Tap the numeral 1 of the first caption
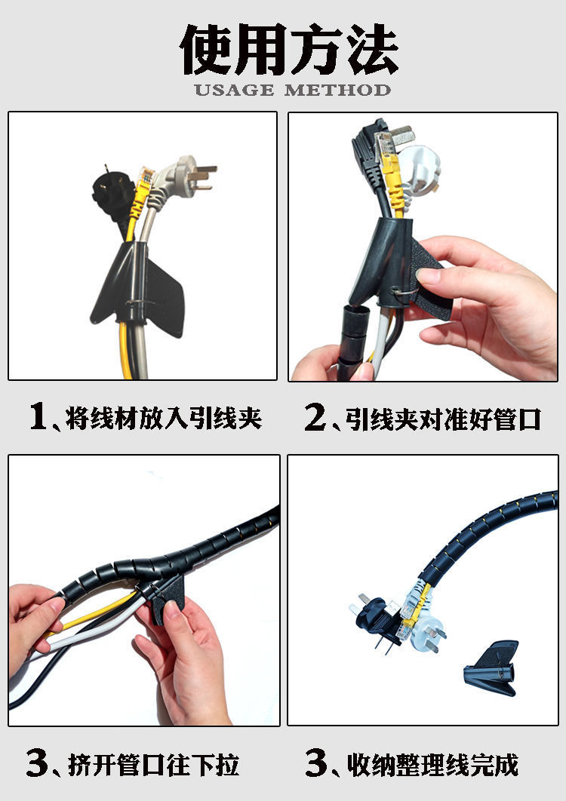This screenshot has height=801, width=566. (38, 418)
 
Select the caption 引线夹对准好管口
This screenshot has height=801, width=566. (444, 419)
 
